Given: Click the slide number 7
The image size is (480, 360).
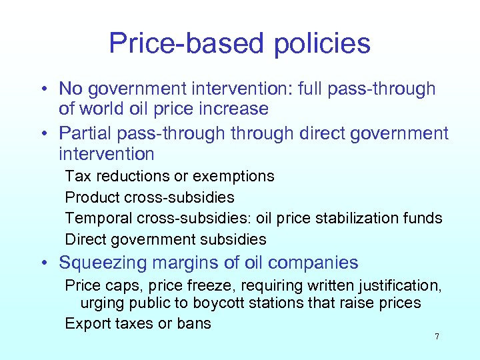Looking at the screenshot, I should click(x=437, y=337).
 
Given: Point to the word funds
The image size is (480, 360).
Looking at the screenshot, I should click(x=423, y=218).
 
